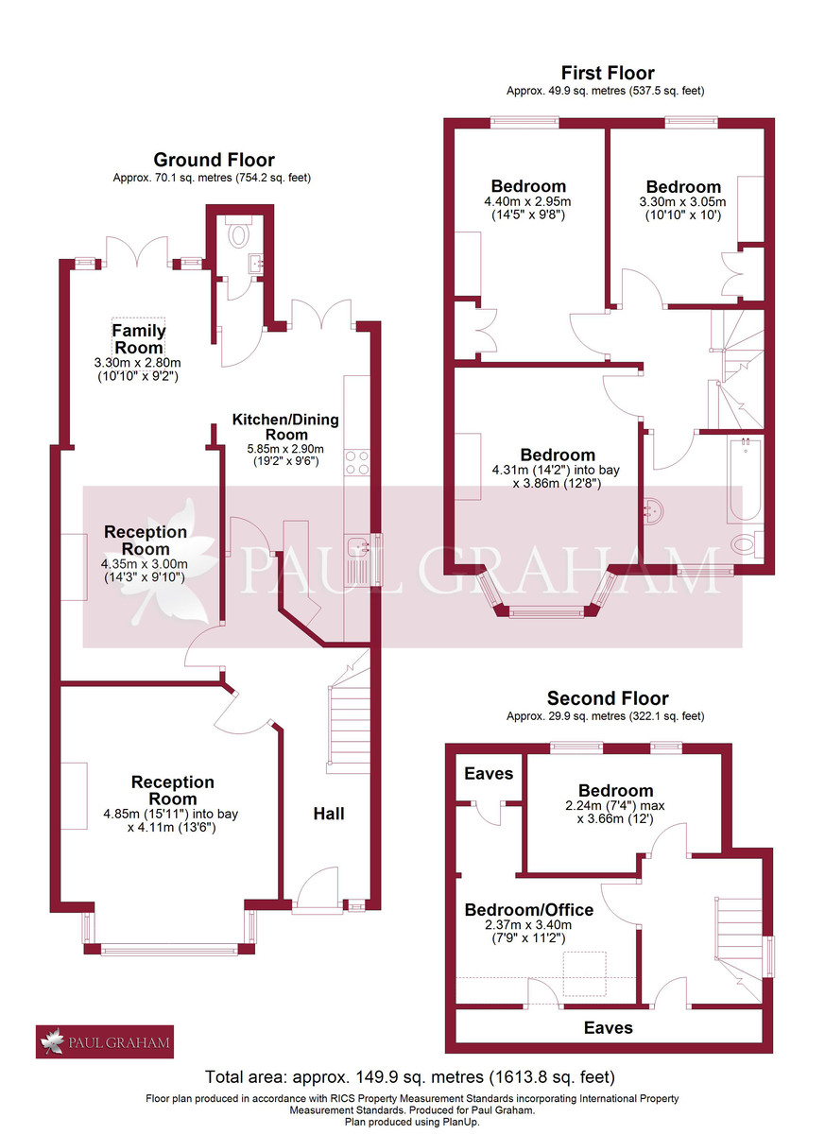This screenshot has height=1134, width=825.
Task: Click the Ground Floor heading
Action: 214,160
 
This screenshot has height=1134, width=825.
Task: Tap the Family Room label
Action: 139,339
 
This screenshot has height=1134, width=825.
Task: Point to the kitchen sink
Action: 358,545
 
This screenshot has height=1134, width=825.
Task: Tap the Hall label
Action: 329,813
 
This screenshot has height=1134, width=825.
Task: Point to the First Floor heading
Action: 607,73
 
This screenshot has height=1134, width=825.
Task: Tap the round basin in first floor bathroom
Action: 653,511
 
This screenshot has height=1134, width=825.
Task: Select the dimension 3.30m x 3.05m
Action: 683,201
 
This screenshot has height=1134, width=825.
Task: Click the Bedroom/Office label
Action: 528,910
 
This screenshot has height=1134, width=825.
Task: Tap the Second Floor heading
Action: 608,698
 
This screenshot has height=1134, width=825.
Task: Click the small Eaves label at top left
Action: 489,773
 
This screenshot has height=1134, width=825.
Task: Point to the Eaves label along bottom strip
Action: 608,1027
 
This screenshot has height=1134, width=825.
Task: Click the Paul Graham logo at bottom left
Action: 105,1043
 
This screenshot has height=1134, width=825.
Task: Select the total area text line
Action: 411,1076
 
